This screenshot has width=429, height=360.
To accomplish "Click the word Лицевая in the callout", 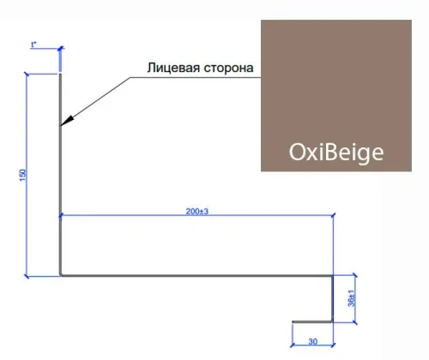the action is coord(173,68).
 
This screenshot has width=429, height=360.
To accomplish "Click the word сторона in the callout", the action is coord(228,69).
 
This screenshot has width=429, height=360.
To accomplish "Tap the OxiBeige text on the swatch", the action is coord(336,153).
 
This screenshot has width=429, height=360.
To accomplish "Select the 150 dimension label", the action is coord(22,175).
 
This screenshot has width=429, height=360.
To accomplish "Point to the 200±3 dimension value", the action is coord(197,212).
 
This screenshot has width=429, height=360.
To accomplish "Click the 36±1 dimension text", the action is coord(351,298).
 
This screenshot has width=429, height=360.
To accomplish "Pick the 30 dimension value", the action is coord(313,341).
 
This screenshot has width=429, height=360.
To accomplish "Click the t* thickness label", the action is coord(33,45).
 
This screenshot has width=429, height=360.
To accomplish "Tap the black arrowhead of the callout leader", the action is coord(67,121).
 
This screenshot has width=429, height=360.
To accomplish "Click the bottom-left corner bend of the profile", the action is coord(61,275).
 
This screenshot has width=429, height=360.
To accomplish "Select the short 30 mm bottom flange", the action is coord(312,321).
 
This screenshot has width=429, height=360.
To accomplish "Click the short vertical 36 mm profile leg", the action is coord(333,298).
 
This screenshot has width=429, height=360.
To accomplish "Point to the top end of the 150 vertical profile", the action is coord(60,74).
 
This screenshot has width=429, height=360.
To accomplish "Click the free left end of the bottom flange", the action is coord(293,321).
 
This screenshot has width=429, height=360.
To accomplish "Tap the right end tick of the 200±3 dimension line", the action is coord(333,215).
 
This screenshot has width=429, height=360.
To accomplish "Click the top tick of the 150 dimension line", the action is coord(27,75).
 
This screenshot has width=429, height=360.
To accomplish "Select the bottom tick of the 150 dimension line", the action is coord(27,276).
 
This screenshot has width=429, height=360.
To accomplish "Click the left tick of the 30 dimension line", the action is coord(293,345).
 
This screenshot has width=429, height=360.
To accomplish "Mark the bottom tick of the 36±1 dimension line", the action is coord(355,322).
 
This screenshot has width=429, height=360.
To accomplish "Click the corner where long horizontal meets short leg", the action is coord(333,276).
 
